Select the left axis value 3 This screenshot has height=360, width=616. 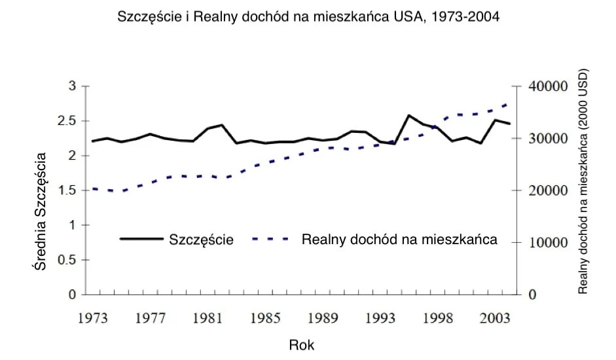coord(73,86)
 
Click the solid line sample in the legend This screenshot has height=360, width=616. coord(141,239)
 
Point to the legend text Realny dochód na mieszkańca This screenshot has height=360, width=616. coord(399,239)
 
